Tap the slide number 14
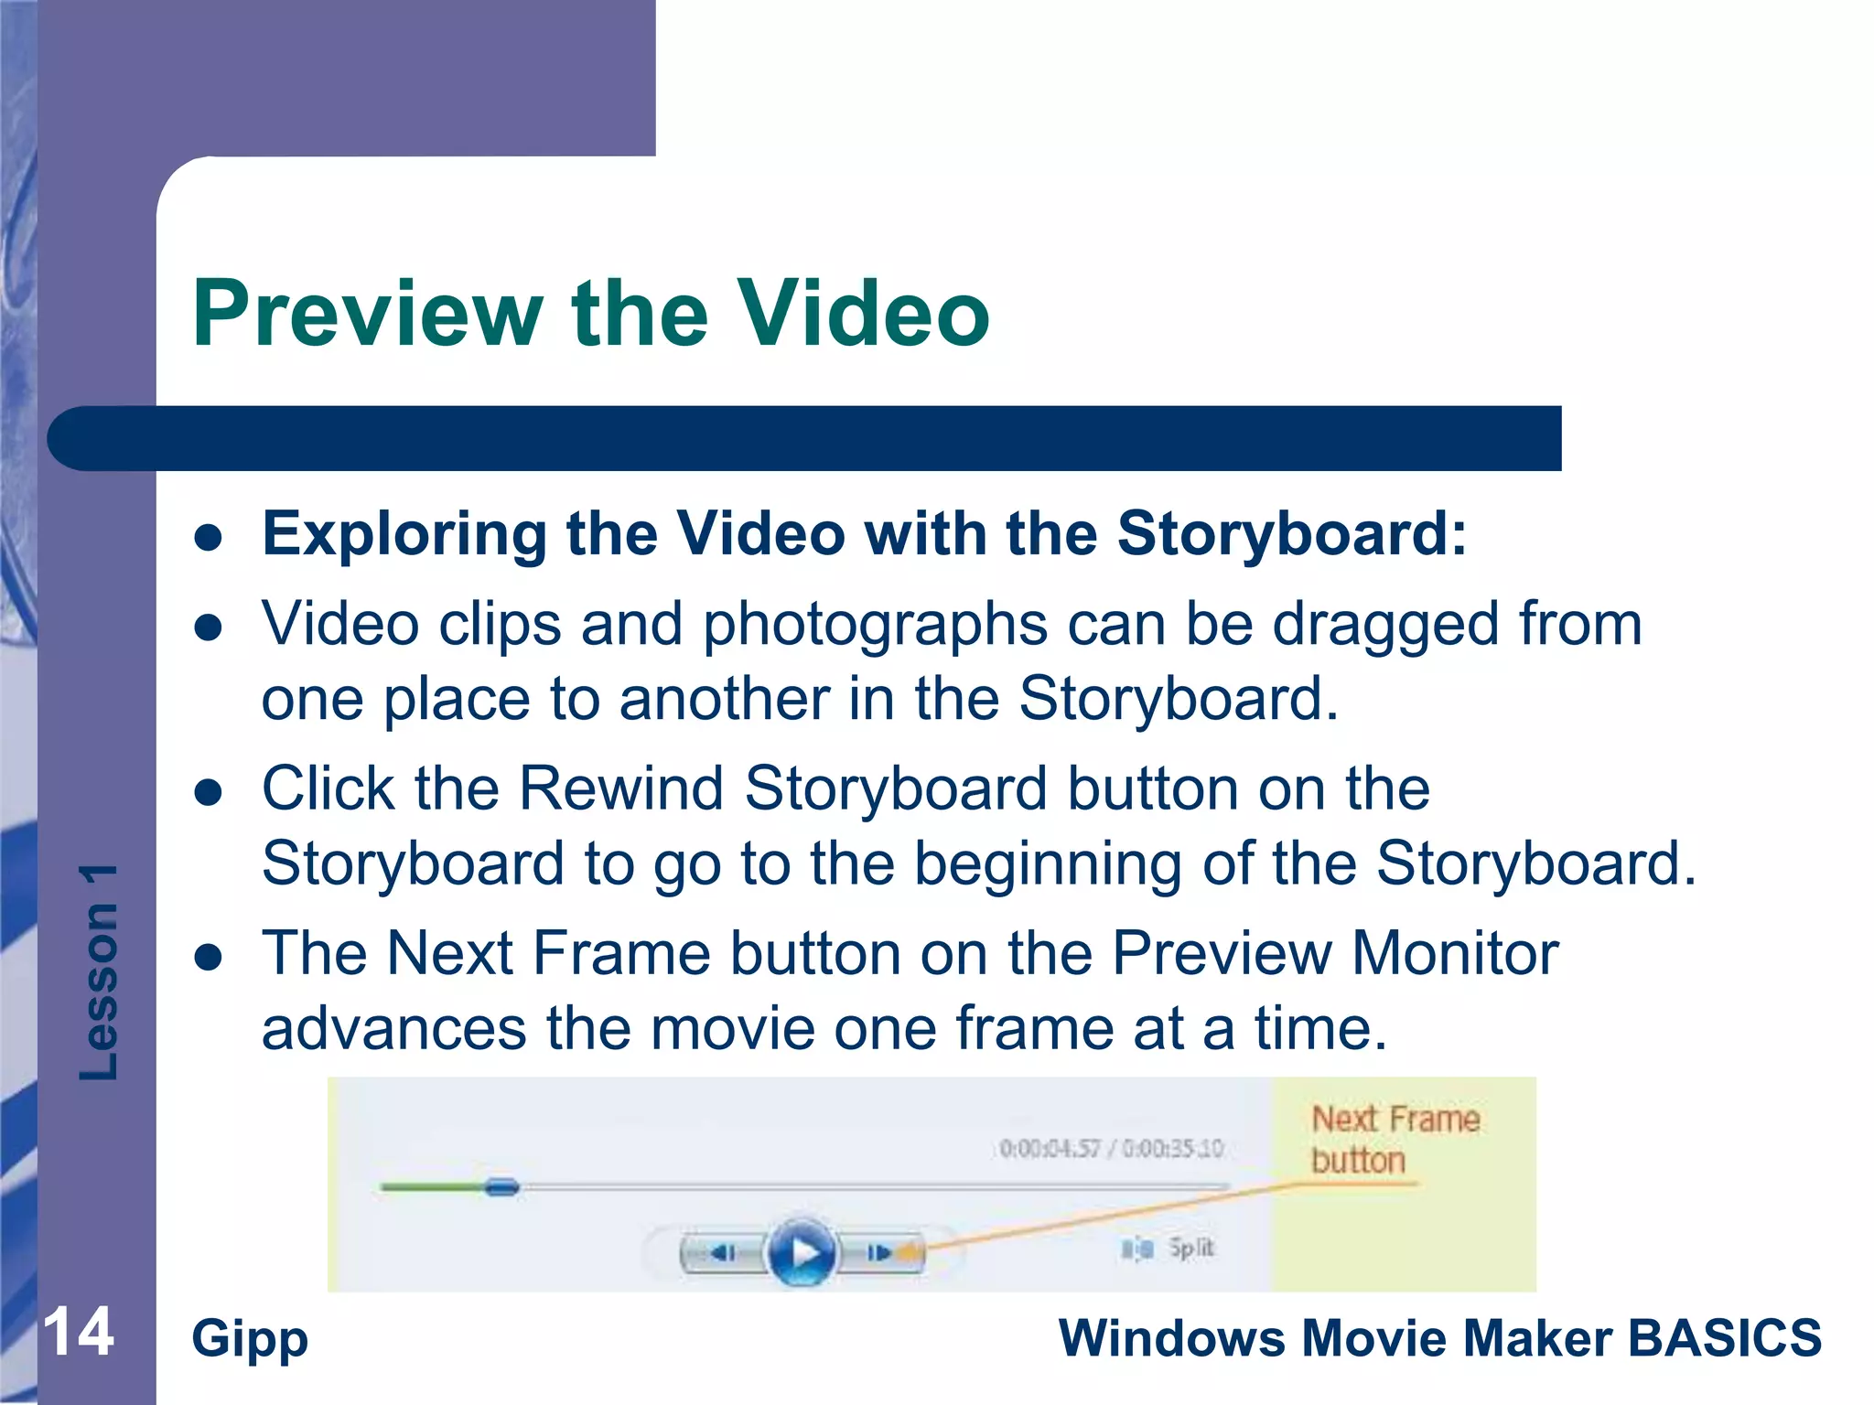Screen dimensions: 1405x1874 [79, 1332]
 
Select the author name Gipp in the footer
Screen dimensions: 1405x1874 [250, 1339]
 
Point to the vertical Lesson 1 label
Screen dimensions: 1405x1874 [99, 971]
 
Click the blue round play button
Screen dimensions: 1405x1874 [802, 1251]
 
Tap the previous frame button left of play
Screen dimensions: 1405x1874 [723, 1252]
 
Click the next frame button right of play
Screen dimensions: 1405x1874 [879, 1252]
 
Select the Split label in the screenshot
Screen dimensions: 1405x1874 [1190, 1248]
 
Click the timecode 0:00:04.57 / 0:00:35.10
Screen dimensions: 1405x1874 [1111, 1148]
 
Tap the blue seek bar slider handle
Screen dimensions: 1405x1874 [501, 1187]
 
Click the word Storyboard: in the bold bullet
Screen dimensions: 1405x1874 [1291, 533]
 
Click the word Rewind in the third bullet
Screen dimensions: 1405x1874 [621, 788]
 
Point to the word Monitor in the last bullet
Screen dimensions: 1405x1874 [1455, 953]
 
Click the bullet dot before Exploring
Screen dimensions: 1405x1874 [210, 538]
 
